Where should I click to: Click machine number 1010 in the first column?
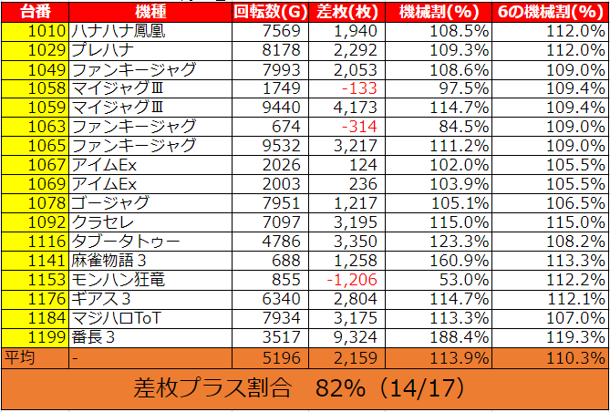pos(47,30)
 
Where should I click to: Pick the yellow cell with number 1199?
pos(47,337)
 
